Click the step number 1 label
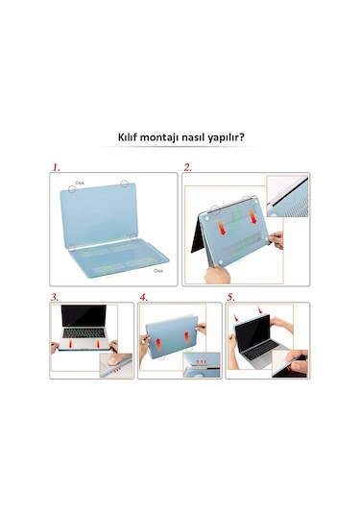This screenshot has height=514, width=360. (57, 167)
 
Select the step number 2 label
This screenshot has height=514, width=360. (188, 167)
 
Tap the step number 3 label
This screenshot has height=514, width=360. (55, 297)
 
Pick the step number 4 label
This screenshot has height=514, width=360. (144, 297)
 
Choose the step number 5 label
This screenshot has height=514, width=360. (231, 297)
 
